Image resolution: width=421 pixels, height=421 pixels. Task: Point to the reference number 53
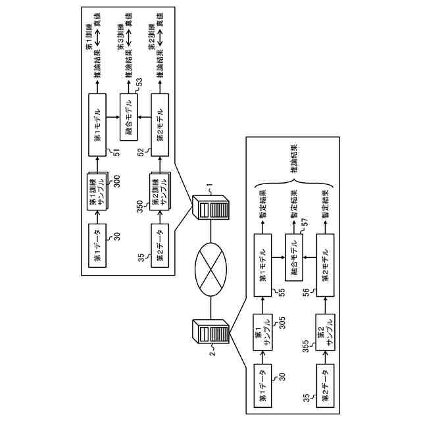[139, 82]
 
